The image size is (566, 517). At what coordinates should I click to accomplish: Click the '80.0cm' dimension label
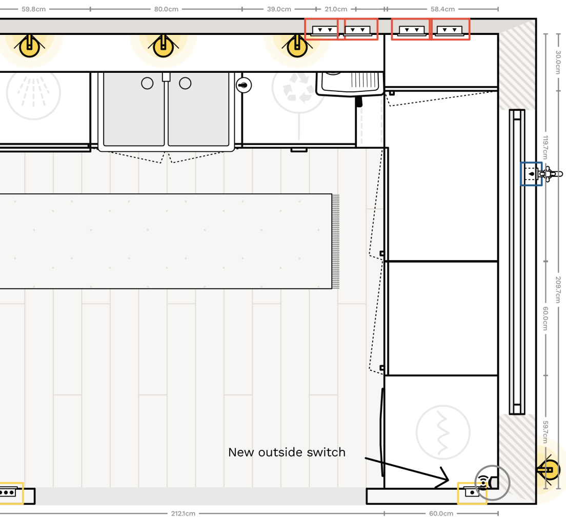pyautogui.click(x=167, y=9)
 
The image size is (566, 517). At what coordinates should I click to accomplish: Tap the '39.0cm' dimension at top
pyautogui.click(x=279, y=9)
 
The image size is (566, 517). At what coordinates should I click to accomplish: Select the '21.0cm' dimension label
pyautogui.click(x=336, y=9)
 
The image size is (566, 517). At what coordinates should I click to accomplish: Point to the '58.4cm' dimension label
pyautogui.click(x=442, y=9)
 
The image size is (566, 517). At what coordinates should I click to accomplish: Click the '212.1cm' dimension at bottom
pyautogui.click(x=183, y=513)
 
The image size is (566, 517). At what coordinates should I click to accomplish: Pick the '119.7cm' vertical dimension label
pyautogui.click(x=546, y=148)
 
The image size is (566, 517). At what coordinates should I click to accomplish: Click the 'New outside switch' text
pyautogui.click(x=287, y=452)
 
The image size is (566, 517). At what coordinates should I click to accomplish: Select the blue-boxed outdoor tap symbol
pyautogui.click(x=532, y=174)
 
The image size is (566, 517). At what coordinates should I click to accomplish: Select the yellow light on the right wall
pyautogui.click(x=550, y=470)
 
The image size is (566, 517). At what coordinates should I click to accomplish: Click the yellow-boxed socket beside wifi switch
pyautogui.click(x=472, y=493)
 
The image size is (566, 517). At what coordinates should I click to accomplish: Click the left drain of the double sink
pyautogui.click(x=147, y=83)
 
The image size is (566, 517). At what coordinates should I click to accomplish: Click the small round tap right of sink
pyautogui.click(x=245, y=85)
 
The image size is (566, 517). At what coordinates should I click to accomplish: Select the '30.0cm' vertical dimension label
pyautogui.click(x=558, y=62)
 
